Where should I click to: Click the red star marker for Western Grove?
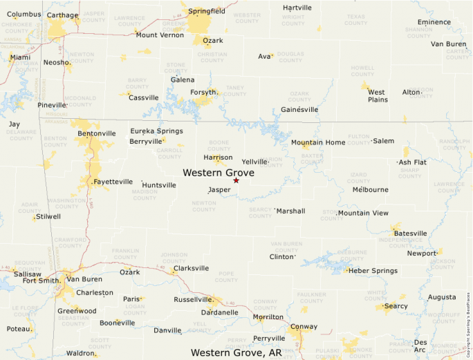[236, 180]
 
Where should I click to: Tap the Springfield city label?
[207, 11]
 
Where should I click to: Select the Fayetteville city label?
[113, 182]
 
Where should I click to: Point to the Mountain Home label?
[317, 142]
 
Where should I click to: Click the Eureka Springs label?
[156, 131]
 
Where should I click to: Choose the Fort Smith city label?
[41, 280]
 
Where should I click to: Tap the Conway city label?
[304, 326]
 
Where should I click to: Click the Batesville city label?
[410, 233]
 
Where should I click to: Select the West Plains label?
[378, 95]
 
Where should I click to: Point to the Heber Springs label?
[373, 270]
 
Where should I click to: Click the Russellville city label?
[192, 300]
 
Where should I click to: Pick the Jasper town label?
[219, 189]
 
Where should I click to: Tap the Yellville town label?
[254, 162]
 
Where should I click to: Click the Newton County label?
[203, 205]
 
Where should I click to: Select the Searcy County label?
[260, 212]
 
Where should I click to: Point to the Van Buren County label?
[286, 246]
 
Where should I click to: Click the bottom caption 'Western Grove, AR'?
[236, 352]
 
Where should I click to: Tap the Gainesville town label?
[299, 109]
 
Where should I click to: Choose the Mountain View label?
[363, 213]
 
